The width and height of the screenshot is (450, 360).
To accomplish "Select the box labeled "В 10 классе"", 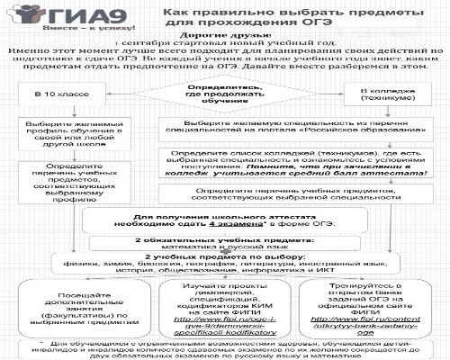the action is pos(54,94).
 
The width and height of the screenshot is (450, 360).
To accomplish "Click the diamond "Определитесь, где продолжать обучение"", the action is pos(225,94).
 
